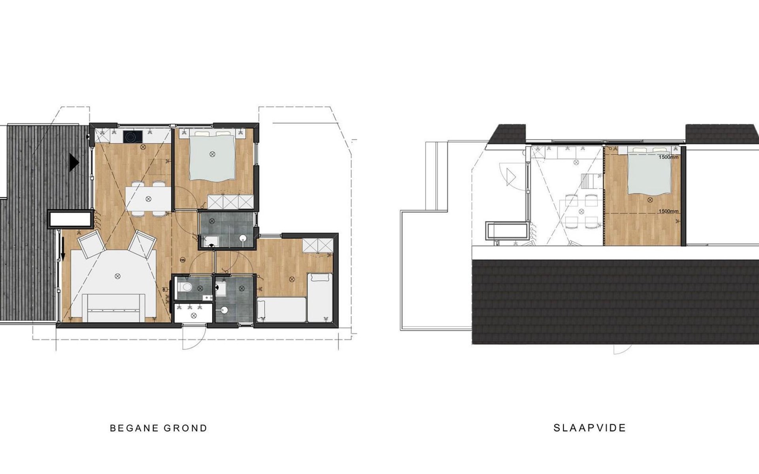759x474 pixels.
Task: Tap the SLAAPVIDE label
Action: (x=589, y=428)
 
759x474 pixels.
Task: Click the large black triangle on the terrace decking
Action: (x=74, y=162)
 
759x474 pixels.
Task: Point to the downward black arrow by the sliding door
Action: (x=62, y=249)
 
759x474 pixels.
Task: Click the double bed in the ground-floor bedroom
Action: (x=212, y=154)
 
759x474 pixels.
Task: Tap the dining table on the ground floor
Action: (x=148, y=199)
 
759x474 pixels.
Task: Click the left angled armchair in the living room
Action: (x=92, y=242)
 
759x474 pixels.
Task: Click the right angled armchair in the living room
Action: (x=141, y=242)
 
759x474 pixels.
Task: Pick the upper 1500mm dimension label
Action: (x=668, y=157)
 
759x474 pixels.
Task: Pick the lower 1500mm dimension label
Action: (x=668, y=211)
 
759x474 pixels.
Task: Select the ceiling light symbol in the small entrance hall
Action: (x=194, y=315)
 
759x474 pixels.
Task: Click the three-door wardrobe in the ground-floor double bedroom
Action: (x=230, y=202)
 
